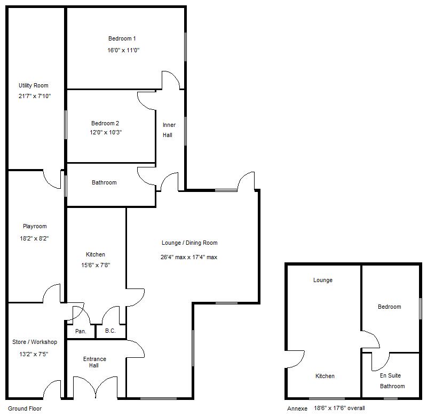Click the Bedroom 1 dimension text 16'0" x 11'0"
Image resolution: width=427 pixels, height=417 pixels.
click(x=123, y=50)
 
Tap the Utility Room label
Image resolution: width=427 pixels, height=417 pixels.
click(x=34, y=85)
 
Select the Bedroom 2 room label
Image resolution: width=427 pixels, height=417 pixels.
click(x=105, y=123)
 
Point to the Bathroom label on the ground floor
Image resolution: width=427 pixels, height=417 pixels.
click(x=104, y=182)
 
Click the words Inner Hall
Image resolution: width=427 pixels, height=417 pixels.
click(x=169, y=130)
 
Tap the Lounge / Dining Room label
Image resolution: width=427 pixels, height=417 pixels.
click(x=189, y=243)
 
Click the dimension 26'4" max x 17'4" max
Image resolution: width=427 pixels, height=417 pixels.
click(x=189, y=257)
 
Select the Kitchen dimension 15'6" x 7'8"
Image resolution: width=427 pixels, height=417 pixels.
click(x=96, y=264)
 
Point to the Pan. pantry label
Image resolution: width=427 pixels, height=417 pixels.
click(x=81, y=331)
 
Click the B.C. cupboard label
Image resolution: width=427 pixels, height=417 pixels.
click(x=110, y=331)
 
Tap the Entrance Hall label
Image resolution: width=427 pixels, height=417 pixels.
click(x=94, y=362)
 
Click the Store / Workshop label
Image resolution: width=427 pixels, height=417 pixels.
click(x=35, y=342)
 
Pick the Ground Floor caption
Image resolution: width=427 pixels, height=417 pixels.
click(x=25, y=408)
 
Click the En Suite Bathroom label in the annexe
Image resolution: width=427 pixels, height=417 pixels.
click(x=392, y=381)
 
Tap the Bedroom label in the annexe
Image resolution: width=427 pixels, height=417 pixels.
click(x=389, y=307)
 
